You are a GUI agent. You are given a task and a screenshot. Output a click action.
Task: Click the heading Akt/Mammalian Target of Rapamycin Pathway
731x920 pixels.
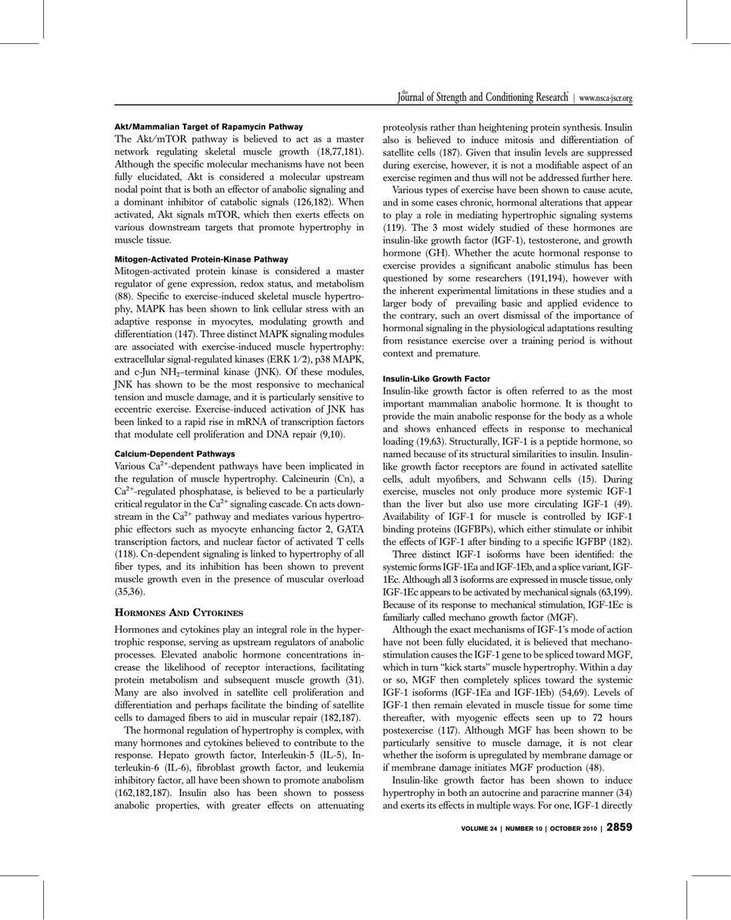[x=209, y=125]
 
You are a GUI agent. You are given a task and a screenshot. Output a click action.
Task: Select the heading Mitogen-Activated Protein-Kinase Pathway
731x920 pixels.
[x=201, y=259]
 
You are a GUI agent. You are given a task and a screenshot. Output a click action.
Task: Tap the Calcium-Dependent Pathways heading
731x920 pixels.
[x=175, y=454]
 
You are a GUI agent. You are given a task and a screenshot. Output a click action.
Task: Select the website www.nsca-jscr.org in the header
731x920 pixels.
[x=605, y=99]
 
